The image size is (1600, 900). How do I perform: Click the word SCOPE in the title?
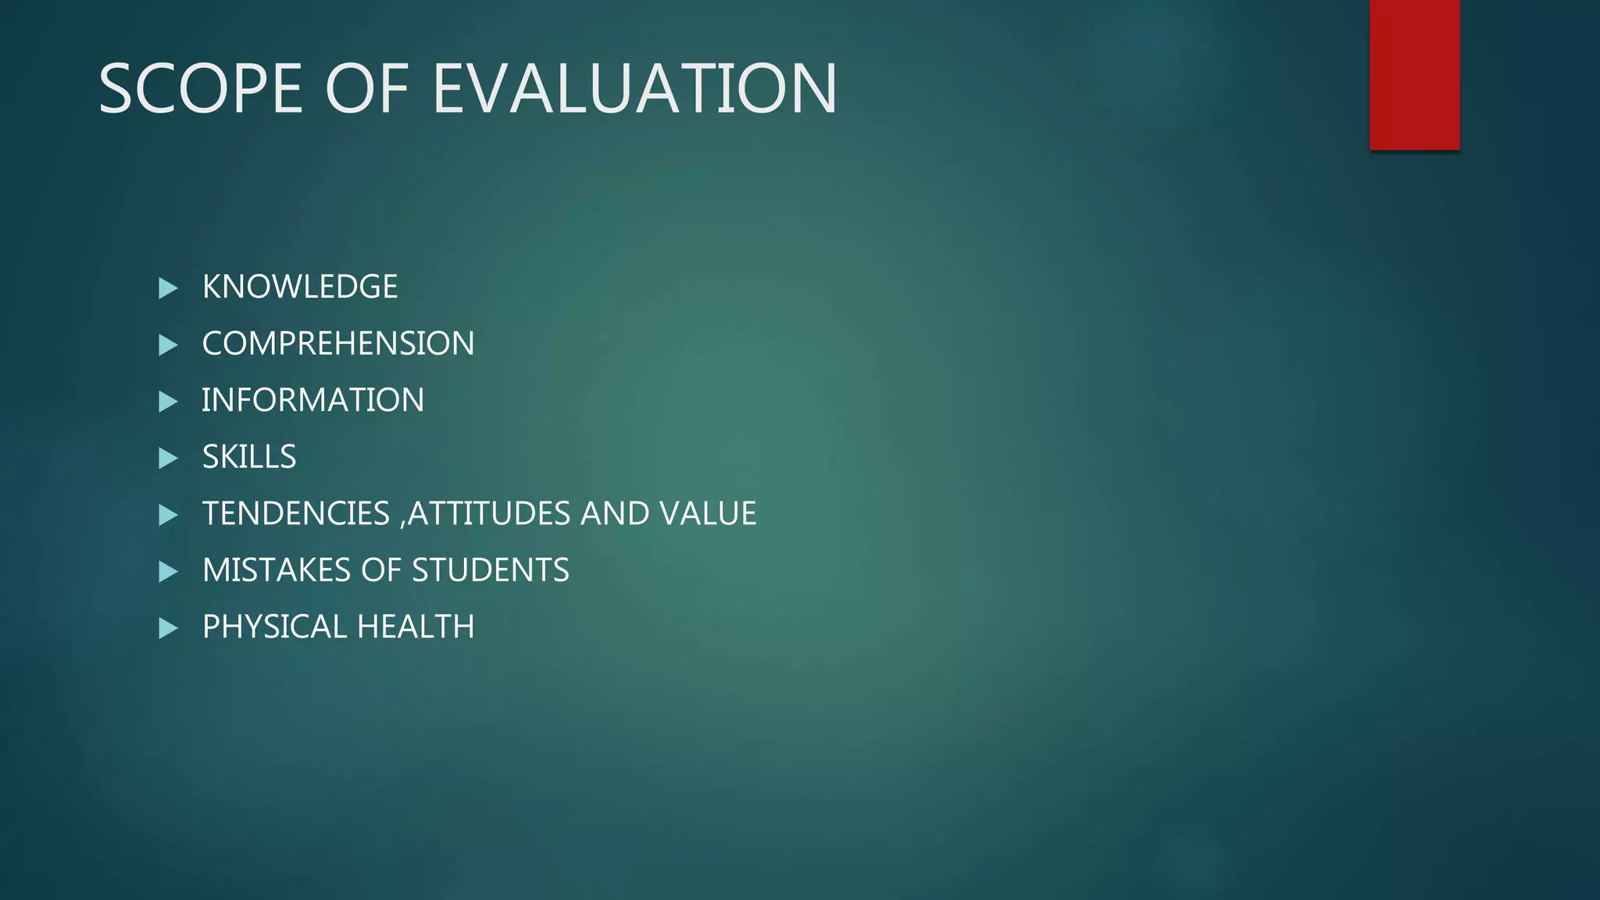pyautogui.click(x=200, y=89)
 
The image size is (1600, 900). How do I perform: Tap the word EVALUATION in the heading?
pyautogui.click(x=634, y=89)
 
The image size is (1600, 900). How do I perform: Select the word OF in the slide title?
pyautogui.click(x=366, y=89)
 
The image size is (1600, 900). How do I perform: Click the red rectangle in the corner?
pyautogui.click(x=1414, y=74)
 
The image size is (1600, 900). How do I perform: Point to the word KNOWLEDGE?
pyautogui.click(x=300, y=287)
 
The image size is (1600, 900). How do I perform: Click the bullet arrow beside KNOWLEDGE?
pyautogui.click(x=168, y=288)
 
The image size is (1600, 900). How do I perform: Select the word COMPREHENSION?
pyautogui.click(x=337, y=344)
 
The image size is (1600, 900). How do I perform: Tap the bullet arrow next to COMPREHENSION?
pyautogui.click(x=168, y=345)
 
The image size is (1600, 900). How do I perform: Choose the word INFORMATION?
pyautogui.click(x=312, y=400)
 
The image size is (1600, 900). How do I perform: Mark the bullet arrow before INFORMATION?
pyautogui.click(x=168, y=402)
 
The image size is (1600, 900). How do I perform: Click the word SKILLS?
pyautogui.click(x=249, y=457)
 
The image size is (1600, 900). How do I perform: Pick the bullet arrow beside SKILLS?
pyautogui.click(x=168, y=459)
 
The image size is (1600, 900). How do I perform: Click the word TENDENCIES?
pyautogui.click(x=295, y=513)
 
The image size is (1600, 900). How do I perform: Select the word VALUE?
pyautogui.click(x=708, y=513)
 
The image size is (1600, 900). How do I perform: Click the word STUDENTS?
pyautogui.click(x=490, y=570)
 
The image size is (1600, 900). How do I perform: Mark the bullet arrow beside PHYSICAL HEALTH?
pyautogui.click(x=168, y=628)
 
